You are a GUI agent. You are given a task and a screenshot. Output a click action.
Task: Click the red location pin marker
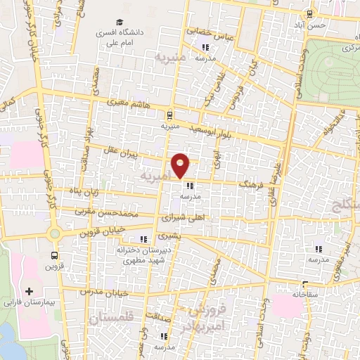(181, 165)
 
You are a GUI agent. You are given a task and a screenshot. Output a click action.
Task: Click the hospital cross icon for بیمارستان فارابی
(29, 291)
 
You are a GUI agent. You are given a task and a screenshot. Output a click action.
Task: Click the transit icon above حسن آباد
(309, 13)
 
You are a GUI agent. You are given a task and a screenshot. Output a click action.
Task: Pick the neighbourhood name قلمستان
(108, 319)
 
